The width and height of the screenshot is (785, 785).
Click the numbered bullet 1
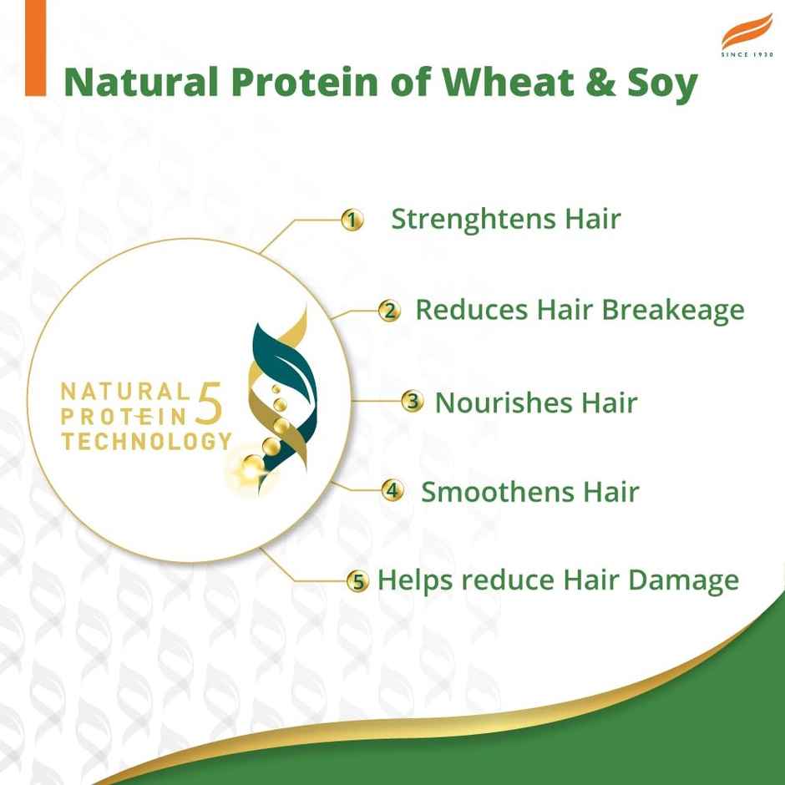(x=352, y=220)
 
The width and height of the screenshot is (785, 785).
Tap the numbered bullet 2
(x=389, y=311)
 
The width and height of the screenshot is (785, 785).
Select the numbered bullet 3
(x=412, y=402)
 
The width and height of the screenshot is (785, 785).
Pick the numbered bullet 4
(x=392, y=490)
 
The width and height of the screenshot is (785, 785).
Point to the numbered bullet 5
(x=358, y=582)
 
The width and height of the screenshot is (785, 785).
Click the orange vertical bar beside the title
(x=35, y=48)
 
